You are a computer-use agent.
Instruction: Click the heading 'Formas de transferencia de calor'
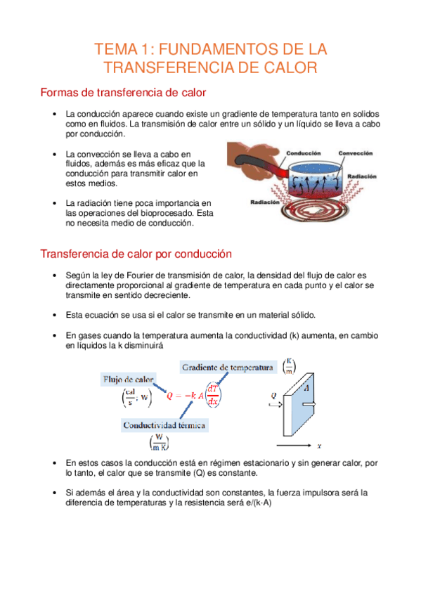[x=123, y=93]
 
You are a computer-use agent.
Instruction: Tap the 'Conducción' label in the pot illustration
[x=304, y=153]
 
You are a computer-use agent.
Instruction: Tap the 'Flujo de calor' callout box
[x=128, y=380]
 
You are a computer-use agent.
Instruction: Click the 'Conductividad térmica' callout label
[x=164, y=425]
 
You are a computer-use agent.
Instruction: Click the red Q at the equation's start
[x=169, y=396]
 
